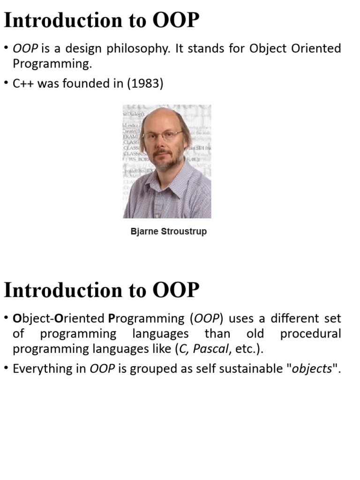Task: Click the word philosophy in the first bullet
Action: (x=141, y=49)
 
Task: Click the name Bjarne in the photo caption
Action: (x=144, y=232)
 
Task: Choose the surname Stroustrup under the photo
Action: (x=184, y=232)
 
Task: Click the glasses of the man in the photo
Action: (x=162, y=136)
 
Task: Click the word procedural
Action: (x=310, y=334)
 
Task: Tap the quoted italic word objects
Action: (x=312, y=368)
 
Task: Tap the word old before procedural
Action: (x=255, y=334)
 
